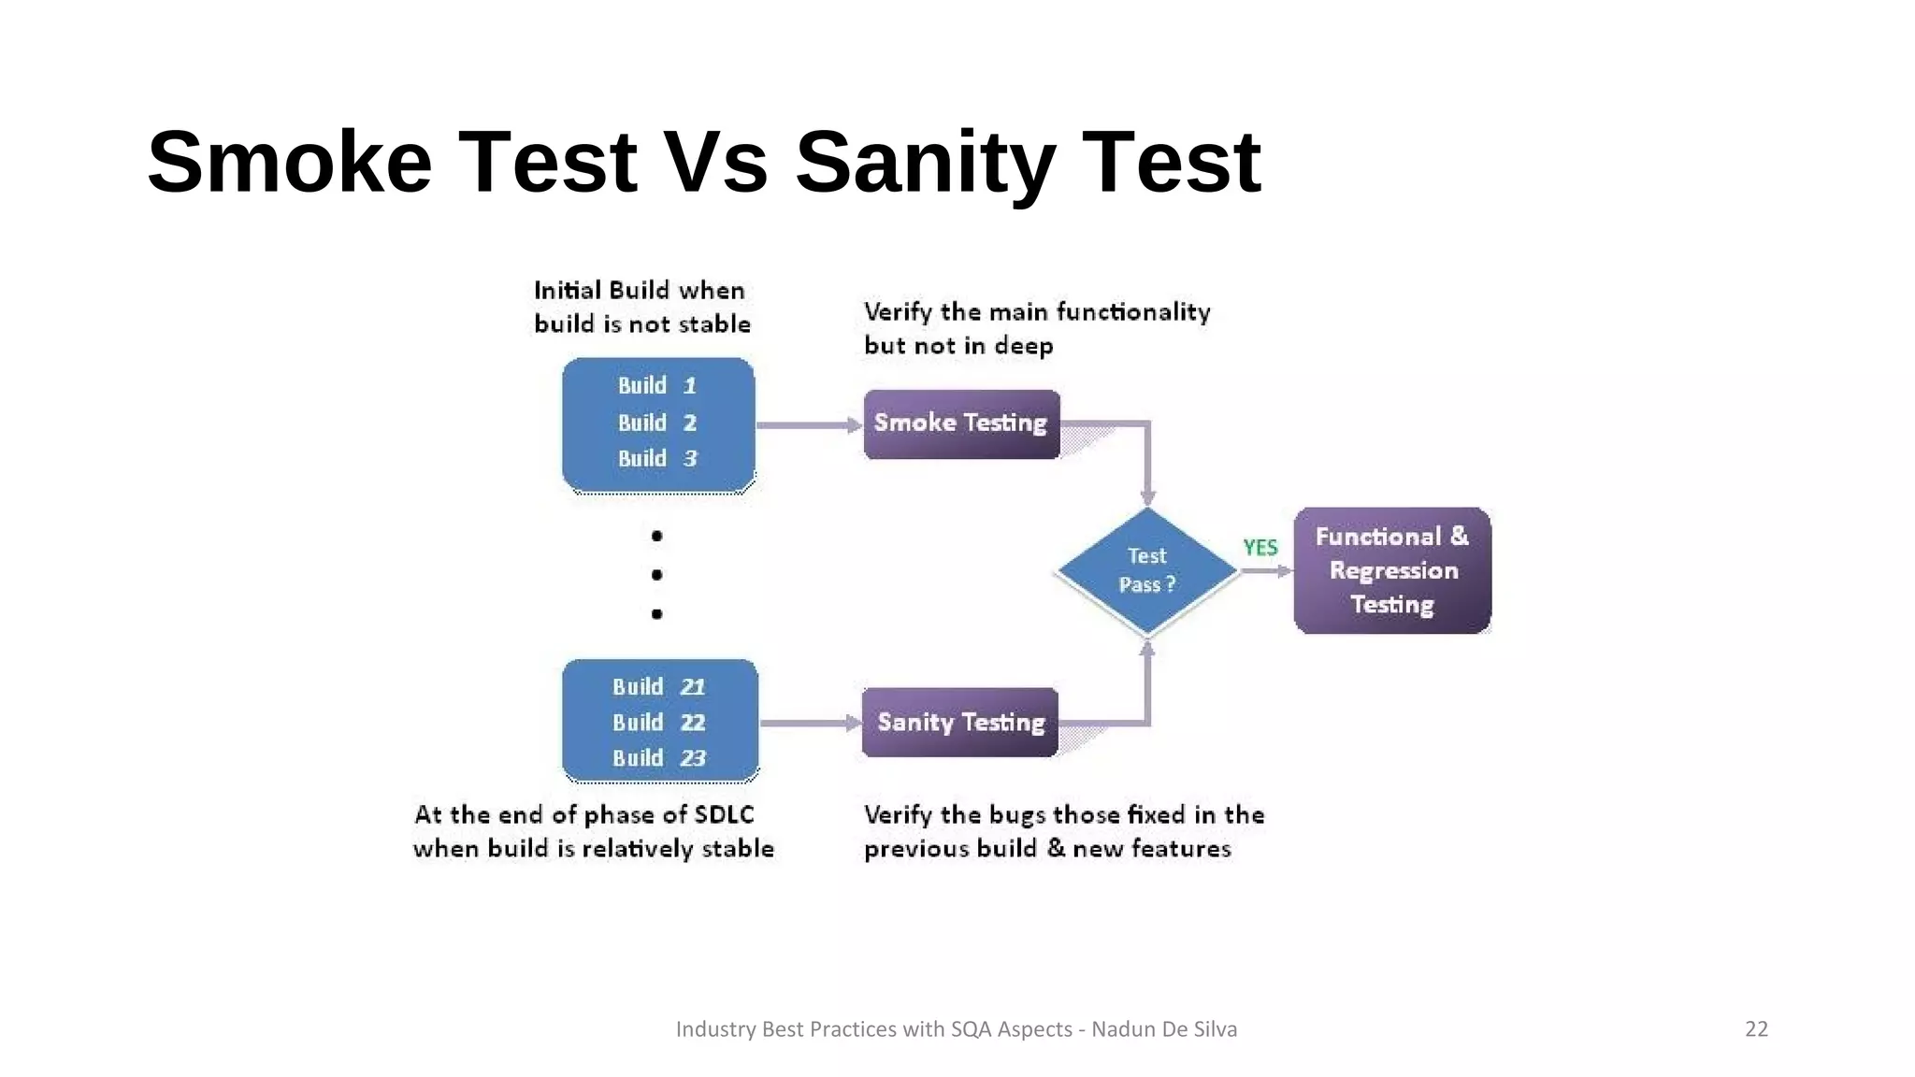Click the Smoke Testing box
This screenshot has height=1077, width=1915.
(x=961, y=424)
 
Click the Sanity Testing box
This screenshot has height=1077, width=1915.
(x=960, y=723)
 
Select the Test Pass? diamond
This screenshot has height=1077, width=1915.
(x=1147, y=570)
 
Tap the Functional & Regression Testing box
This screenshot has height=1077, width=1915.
(x=1392, y=571)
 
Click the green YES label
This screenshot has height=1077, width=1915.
(x=1260, y=548)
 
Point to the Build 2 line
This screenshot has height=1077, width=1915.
(x=657, y=423)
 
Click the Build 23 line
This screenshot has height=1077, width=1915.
(x=658, y=758)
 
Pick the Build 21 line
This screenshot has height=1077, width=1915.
(x=658, y=687)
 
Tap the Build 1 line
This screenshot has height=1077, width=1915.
(x=657, y=386)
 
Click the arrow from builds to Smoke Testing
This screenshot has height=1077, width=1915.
(x=808, y=425)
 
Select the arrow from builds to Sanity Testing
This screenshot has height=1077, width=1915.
(x=810, y=723)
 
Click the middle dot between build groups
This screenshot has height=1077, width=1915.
(x=656, y=575)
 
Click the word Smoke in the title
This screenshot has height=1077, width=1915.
(x=290, y=163)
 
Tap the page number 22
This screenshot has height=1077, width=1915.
(x=1756, y=1029)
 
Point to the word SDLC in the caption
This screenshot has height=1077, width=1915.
(x=725, y=815)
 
